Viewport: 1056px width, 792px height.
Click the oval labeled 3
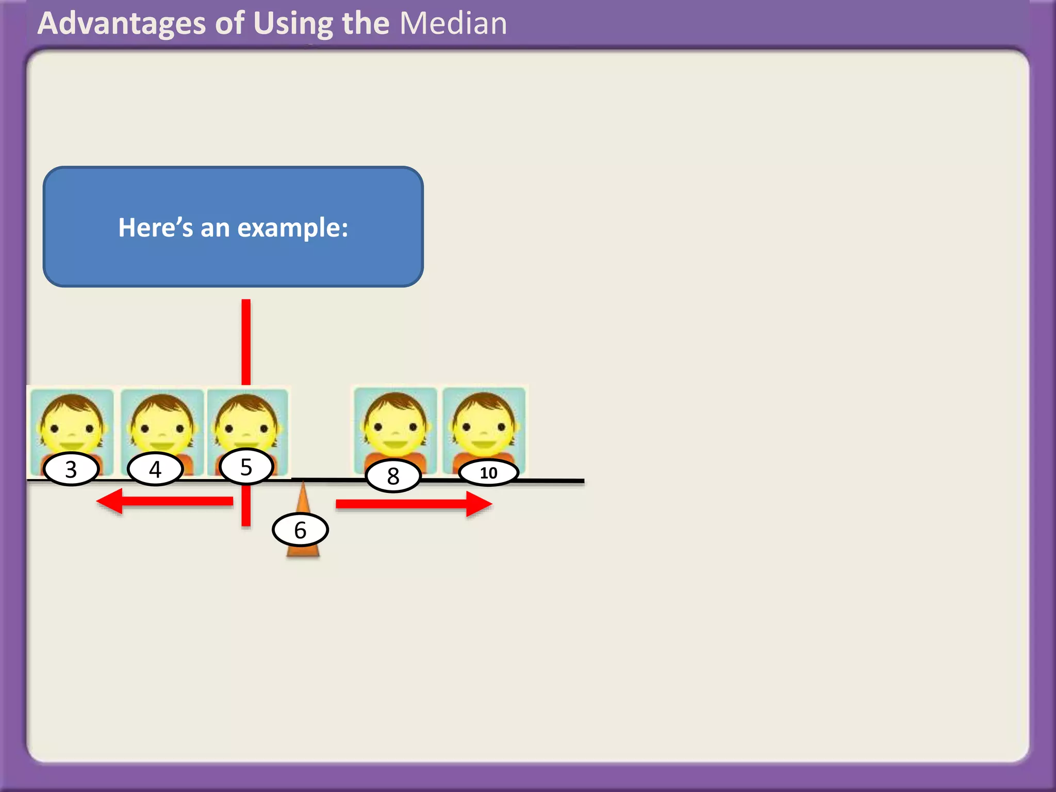pyautogui.click(x=71, y=469)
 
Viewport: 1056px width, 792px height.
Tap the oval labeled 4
pyautogui.click(x=155, y=469)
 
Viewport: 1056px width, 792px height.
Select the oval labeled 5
pyautogui.click(x=246, y=467)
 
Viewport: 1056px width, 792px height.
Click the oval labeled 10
pyautogui.click(x=488, y=473)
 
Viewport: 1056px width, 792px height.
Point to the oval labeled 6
pyautogui.click(x=300, y=530)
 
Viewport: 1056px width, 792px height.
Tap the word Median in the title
pyautogui.click(x=453, y=24)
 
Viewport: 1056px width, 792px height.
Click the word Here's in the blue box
pyautogui.click(x=155, y=228)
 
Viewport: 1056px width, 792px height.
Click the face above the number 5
pyautogui.click(x=246, y=423)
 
